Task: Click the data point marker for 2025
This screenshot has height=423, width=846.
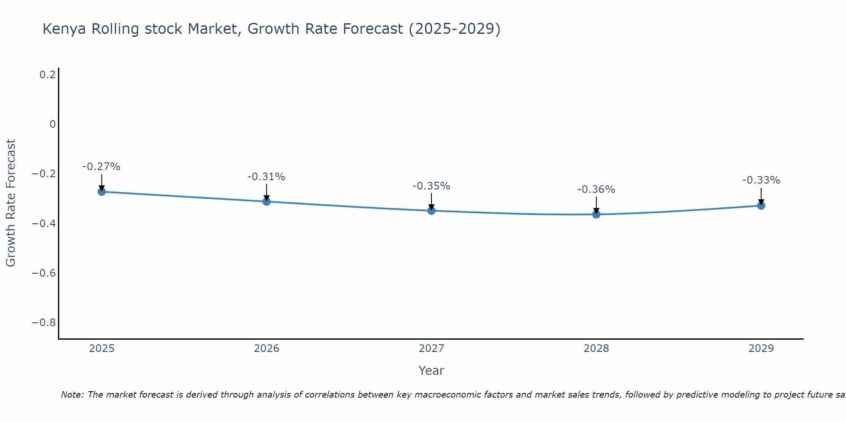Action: coord(102,192)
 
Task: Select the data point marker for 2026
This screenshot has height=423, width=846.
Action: coord(266,201)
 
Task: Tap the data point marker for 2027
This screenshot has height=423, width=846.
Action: coord(431,211)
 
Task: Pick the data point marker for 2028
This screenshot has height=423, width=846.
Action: coord(596,214)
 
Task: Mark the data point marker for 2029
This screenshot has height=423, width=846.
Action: coord(761,206)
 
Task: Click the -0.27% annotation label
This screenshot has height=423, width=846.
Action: coord(102,167)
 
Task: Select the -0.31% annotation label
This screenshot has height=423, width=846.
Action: coord(266,177)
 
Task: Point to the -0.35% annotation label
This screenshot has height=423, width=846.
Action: coord(431,186)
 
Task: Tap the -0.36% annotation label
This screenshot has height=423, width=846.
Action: coord(596,190)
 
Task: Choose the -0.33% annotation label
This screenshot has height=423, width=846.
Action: coord(761,180)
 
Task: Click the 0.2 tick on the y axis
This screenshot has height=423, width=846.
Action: coord(47,75)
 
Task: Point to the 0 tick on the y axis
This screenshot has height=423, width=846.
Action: coord(52,124)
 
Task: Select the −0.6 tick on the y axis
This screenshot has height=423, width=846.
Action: coord(44,273)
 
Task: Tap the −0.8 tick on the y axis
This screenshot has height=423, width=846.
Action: coord(44,323)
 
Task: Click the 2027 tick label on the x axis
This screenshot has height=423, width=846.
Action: coord(431,349)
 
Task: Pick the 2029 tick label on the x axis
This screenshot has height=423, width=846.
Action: coord(761,349)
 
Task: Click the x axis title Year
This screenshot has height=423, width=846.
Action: coord(431,371)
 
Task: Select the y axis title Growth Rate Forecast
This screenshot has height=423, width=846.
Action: coord(11,203)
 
